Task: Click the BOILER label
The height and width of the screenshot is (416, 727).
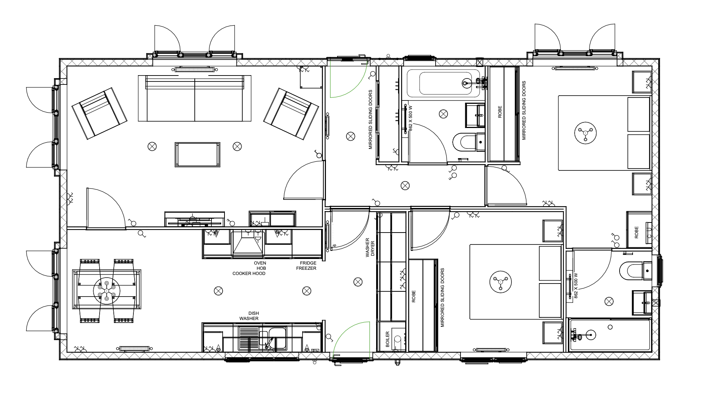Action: pyautogui.click(x=387, y=339)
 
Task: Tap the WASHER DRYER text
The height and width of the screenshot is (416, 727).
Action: pyautogui.click(x=370, y=248)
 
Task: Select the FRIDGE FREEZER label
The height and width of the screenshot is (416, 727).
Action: pyautogui.click(x=306, y=266)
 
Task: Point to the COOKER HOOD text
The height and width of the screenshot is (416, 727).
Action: pyautogui.click(x=249, y=273)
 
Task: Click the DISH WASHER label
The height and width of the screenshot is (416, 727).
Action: pyautogui.click(x=249, y=316)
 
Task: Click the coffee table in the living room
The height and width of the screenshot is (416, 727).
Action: pyautogui.click(x=197, y=154)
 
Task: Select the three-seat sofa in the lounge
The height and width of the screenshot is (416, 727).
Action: pyautogui.click(x=194, y=98)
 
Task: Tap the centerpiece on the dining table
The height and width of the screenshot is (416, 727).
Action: pyautogui.click(x=107, y=291)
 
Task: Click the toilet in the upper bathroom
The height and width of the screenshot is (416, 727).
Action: pyautogui.click(x=469, y=142)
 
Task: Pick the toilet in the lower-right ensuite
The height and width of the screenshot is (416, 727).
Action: pyautogui.click(x=636, y=271)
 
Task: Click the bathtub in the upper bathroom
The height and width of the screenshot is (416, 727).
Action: pyautogui.click(x=445, y=83)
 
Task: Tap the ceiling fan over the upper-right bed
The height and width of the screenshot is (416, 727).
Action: pyautogui.click(x=585, y=132)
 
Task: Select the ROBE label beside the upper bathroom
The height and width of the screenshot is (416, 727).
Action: pyautogui.click(x=500, y=112)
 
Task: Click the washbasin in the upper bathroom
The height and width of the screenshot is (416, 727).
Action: pyautogui.click(x=475, y=115)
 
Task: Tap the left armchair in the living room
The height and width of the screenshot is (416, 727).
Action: pyautogui.click(x=99, y=114)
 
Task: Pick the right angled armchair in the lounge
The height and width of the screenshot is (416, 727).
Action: pyautogui.click(x=291, y=113)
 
